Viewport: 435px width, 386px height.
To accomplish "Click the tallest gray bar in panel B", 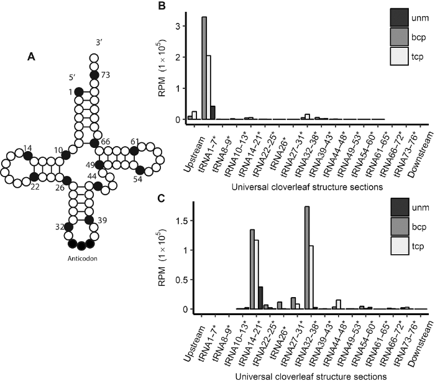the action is click(x=204, y=68).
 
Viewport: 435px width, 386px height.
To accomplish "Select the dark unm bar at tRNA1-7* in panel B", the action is click(x=213, y=113).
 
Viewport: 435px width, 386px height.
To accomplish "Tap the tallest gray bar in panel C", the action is click(x=307, y=257).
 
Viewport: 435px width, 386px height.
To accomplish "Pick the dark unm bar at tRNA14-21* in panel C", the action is click(x=260, y=298).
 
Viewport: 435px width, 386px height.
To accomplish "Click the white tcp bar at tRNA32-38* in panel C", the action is click(x=311, y=277).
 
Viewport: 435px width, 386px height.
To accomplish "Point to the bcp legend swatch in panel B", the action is click(x=399, y=37).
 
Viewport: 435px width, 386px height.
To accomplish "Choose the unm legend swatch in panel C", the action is click(x=400, y=207).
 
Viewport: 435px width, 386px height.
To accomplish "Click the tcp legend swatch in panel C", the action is click(x=400, y=246).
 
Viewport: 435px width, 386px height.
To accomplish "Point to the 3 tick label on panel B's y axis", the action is click(x=178, y=26).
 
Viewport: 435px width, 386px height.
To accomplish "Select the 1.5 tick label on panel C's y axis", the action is click(x=181, y=221).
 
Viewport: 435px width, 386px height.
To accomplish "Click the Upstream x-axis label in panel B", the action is click(x=195, y=150).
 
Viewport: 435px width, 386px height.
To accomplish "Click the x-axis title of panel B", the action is click(x=307, y=187).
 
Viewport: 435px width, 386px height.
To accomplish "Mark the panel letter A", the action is click(x=31, y=57).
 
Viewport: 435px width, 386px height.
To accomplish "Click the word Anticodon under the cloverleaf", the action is click(x=83, y=259).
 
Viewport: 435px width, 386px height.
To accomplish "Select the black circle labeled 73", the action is click(x=94, y=75).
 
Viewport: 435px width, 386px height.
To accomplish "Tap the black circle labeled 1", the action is click(x=79, y=91).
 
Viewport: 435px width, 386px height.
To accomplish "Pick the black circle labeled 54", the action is click(x=140, y=170).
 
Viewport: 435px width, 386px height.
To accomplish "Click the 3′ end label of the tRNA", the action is click(x=99, y=43).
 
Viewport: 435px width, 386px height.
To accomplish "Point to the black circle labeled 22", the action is click(x=34, y=176).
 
